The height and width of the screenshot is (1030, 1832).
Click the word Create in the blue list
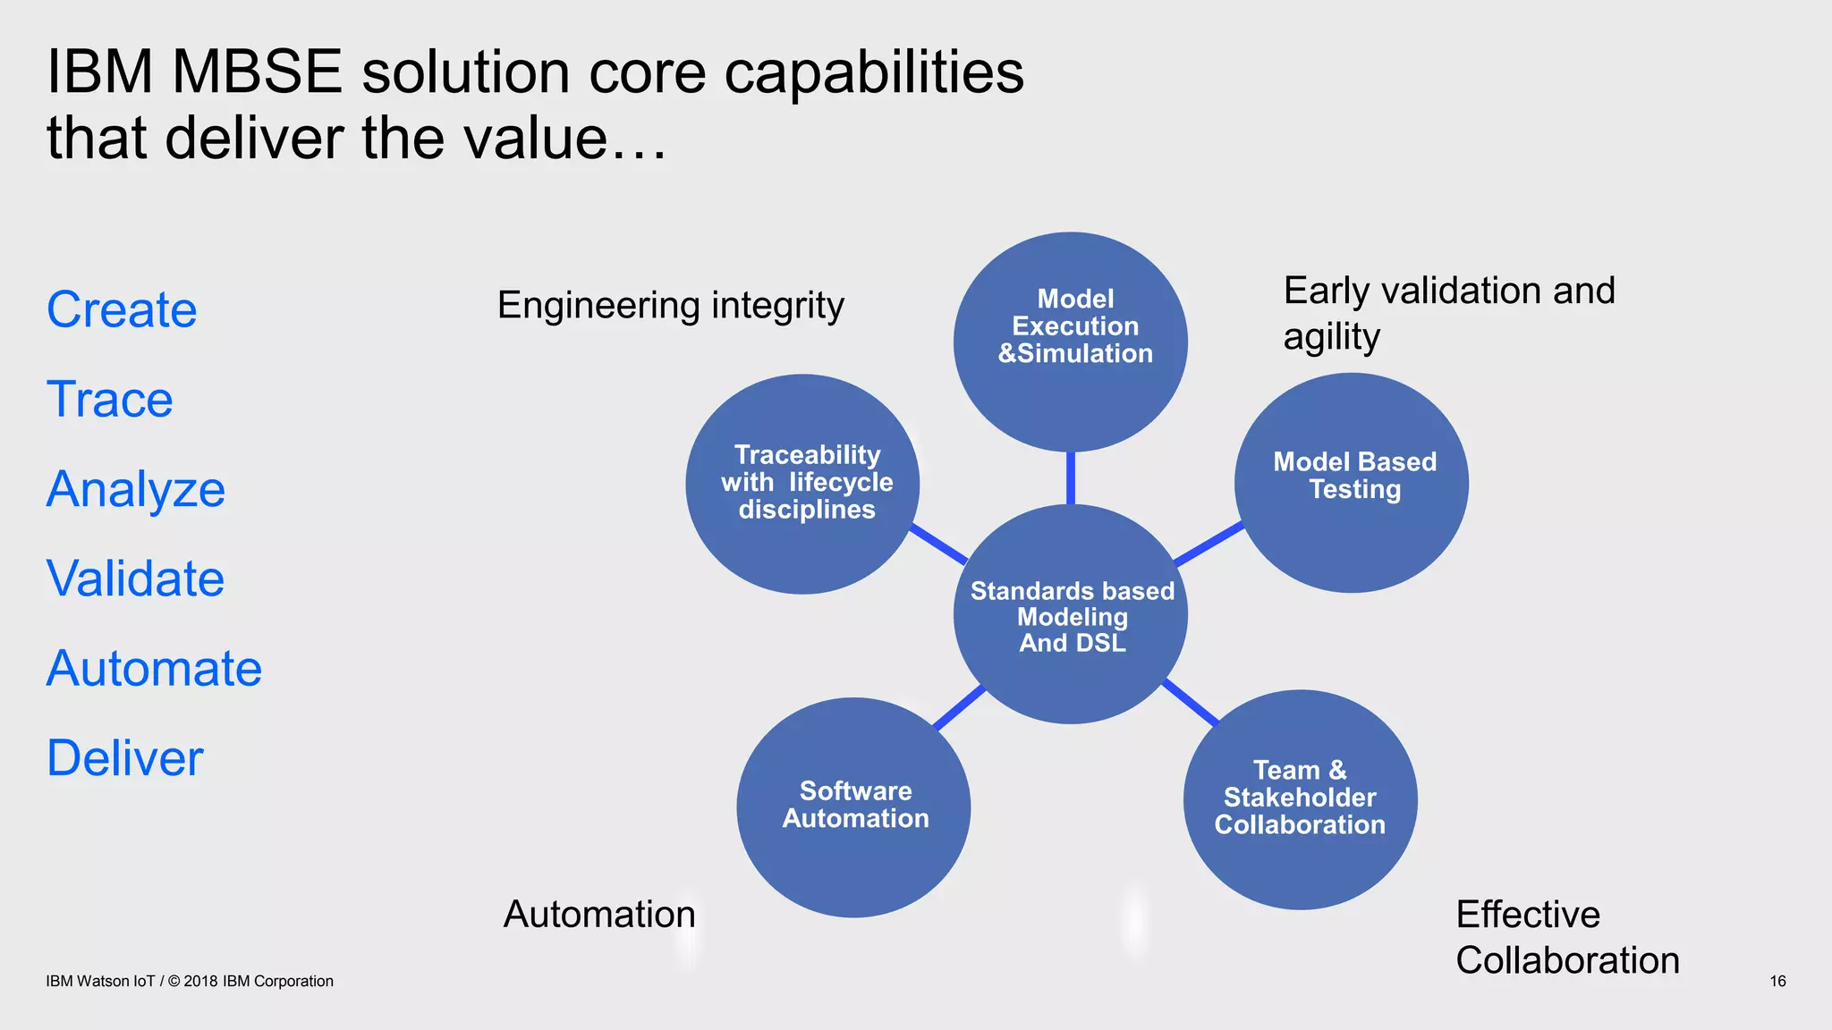pos(122,310)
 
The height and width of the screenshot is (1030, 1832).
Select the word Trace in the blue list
pos(109,400)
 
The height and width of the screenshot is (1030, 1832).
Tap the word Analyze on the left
pos(135,490)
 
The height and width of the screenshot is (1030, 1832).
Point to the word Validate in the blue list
pos(135,578)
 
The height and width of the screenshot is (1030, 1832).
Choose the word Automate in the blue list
pos(154,669)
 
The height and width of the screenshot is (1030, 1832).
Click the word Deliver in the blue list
pos(124,758)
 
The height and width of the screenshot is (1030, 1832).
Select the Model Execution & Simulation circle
pos(1071,342)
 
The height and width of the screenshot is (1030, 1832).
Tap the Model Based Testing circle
pos(1352,483)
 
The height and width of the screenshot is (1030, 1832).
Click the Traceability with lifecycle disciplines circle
pos(802,484)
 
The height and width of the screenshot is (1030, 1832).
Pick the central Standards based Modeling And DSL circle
pos(1071,614)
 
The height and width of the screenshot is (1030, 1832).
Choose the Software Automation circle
pos(853,807)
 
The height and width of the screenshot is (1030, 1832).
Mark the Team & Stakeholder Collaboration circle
pos(1300,799)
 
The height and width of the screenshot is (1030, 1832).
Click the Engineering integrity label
pos(670,306)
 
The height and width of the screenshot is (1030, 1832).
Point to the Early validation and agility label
pos(1448,313)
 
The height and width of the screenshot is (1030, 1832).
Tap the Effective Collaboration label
pos(1566,937)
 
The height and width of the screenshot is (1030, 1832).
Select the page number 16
pos(1777,982)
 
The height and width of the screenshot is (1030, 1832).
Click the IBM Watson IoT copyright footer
pos(190,982)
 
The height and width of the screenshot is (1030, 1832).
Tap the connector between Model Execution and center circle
pos(1071,478)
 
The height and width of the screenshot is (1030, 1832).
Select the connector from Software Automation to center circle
pos(958,707)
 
